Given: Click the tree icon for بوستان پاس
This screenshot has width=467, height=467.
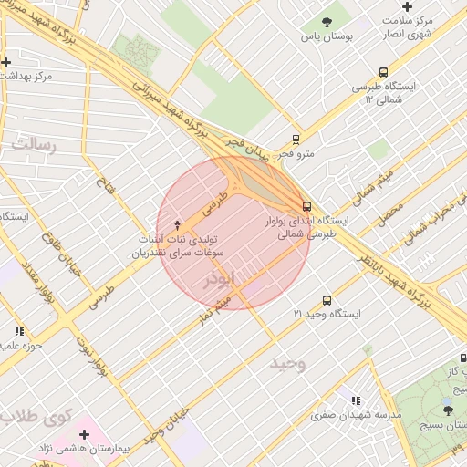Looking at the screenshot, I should tap(327, 21).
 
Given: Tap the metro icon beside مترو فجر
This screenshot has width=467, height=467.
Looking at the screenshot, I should tap(296, 140).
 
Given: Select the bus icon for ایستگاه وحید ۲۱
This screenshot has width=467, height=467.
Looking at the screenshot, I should tap(327, 300).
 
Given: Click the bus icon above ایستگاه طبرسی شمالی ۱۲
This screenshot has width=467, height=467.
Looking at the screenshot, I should tap(383, 73).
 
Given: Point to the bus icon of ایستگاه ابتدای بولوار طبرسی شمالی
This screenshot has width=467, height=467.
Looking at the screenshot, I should tap(306, 206).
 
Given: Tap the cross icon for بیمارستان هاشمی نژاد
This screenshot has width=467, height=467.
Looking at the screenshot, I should tap(84, 434).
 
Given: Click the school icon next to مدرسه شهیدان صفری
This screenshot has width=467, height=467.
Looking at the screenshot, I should tap(356, 400).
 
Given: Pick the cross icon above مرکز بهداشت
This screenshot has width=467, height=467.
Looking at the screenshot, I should tap(6, 62).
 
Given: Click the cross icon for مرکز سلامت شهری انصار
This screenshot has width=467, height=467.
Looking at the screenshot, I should tap(407, 6).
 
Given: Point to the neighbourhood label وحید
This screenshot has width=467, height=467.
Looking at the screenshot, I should tap(287, 364).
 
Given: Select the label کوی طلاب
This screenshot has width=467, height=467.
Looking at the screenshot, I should tap(35, 418).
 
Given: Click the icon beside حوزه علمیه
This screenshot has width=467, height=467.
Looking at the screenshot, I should tap(19, 331).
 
